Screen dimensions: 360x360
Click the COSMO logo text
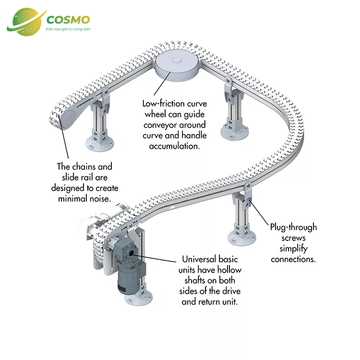(68, 20)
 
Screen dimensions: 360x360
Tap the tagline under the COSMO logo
(68, 30)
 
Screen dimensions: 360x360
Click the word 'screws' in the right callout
(293, 238)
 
